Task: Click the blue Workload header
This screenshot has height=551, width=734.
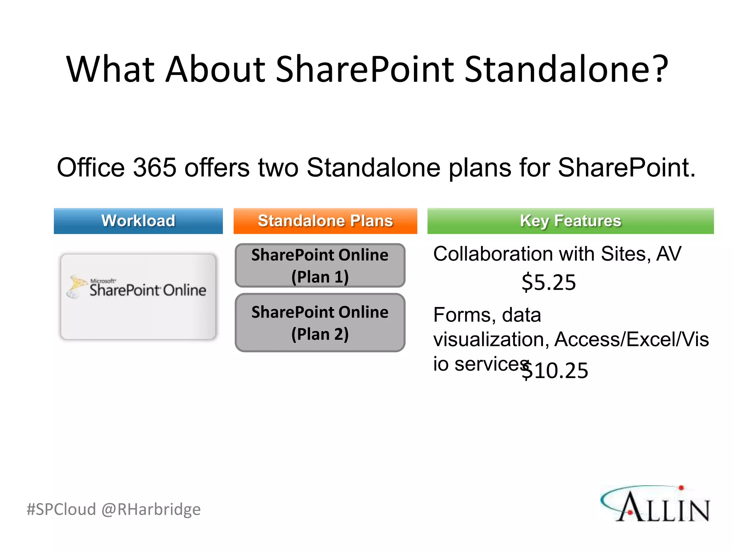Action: pyautogui.click(x=138, y=221)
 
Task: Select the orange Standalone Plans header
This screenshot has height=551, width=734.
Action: pyautogui.click(x=325, y=221)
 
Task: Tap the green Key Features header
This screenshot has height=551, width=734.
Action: pyautogui.click(x=570, y=221)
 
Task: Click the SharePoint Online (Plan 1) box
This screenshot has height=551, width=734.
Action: pyautogui.click(x=320, y=265)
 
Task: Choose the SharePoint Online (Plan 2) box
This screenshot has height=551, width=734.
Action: pyautogui.click(x=320, y=322)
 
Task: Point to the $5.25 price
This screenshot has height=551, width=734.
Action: pyautogui.click(x=548, y=282)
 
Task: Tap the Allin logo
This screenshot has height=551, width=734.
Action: pyautogui.click(x=656, y=504)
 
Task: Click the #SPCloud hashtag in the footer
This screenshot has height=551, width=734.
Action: pyautogui.click(x=61, y=509)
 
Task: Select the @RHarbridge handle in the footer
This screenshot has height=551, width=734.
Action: pyautogui.click(x=151, y=509)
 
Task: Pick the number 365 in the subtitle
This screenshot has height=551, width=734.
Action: pyautogui.click(x=154, y=168)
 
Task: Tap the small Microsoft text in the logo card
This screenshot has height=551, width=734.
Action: pyautogui.click(x=103, y=281)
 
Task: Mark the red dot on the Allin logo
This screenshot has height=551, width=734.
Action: pyautogui.click(x=681, y=488)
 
